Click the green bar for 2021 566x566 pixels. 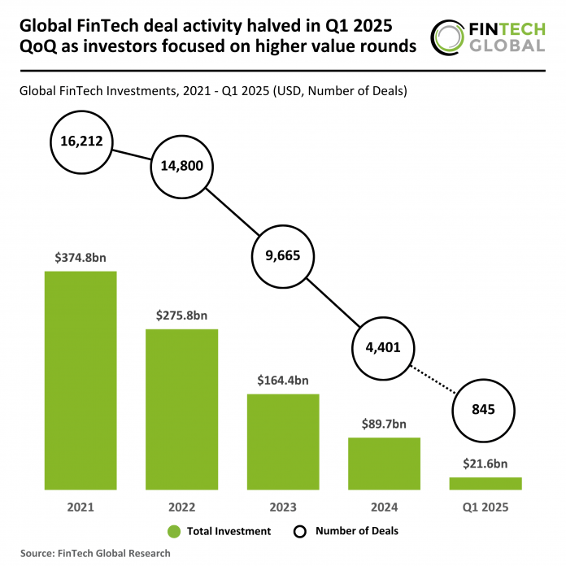(81, 380)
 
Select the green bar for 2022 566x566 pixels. (181, 409)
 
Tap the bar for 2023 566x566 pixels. (283, 442)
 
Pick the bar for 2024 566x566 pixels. (384, 464)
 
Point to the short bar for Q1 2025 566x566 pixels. (485, 483)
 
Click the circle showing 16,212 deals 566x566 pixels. (81, 141)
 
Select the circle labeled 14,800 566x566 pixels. (182, 167)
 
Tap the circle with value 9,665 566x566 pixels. (283, 255)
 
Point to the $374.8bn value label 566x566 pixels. (81, 259)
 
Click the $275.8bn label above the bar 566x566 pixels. (181, 316)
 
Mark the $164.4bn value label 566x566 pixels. (283, 381)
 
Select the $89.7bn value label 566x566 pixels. (384, 424)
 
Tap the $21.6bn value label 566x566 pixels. (485, 464)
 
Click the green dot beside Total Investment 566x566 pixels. (173, 532)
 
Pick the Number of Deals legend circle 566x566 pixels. (299, 532)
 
